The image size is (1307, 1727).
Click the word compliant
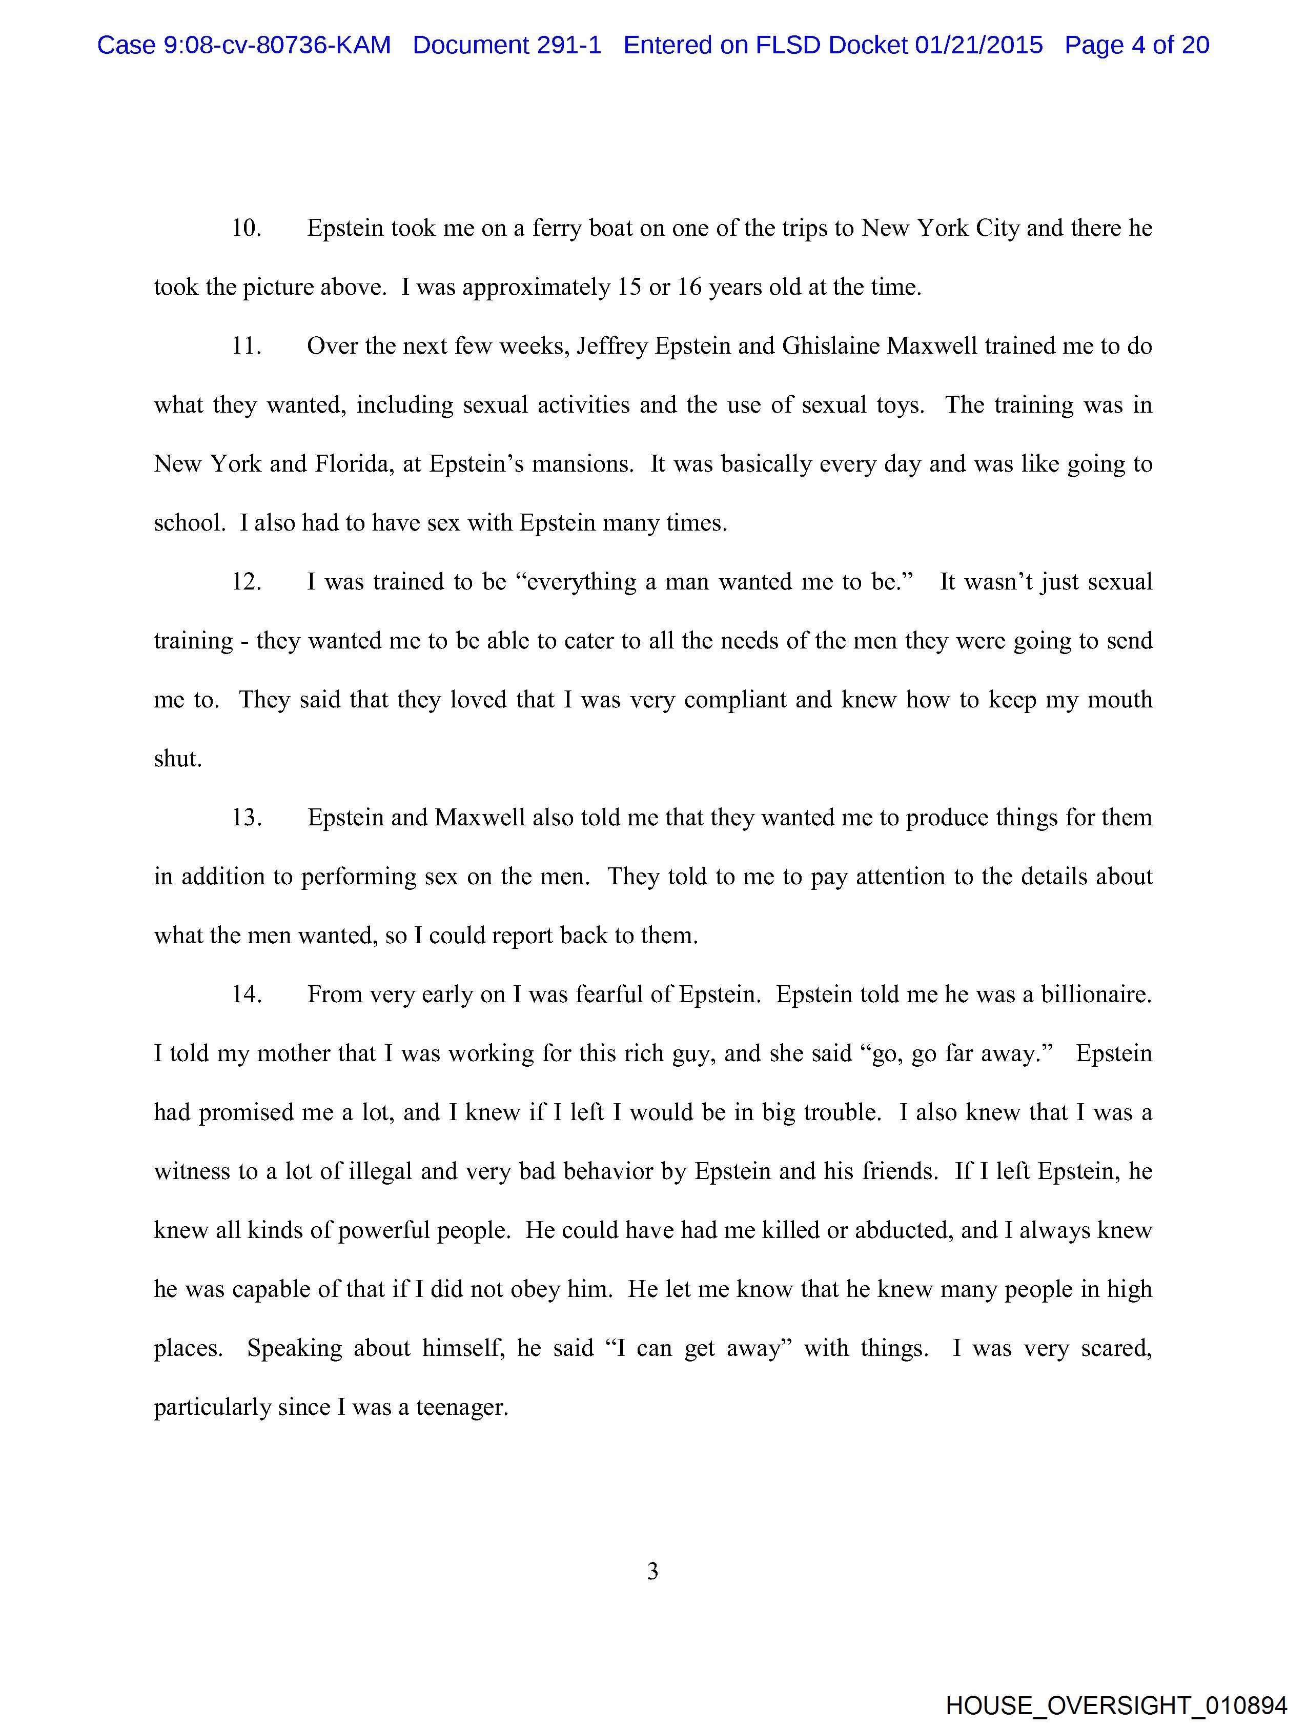point(734,700)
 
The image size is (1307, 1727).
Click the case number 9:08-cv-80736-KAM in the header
point(276,45)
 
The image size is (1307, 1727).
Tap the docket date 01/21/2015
point(978,45)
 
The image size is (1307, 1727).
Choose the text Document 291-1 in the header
point(507,45)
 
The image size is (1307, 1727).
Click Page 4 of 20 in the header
point(1137,45)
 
